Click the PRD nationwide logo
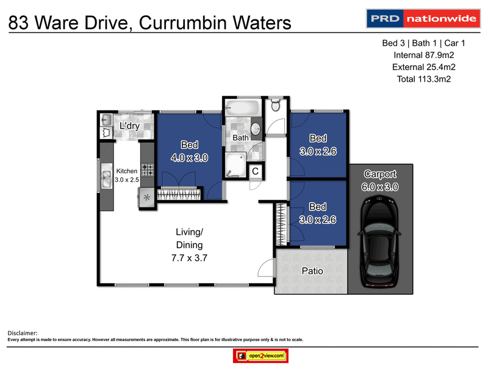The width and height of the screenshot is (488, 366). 422,19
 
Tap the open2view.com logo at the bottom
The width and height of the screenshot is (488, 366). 260,356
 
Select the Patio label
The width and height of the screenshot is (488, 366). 312,271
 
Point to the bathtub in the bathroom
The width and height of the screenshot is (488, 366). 242,112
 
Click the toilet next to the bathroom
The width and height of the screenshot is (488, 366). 275,105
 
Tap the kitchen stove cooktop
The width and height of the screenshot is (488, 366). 148,169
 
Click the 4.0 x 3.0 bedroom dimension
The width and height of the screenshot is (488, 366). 189,157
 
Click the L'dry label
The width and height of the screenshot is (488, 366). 130,126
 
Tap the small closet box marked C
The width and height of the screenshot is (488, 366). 256,172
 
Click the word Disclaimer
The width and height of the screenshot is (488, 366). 22,332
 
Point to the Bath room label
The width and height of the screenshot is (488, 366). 240,138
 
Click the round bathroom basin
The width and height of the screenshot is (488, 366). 256,129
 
